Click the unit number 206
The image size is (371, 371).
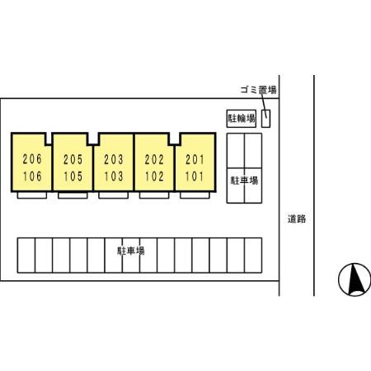pos(32,159)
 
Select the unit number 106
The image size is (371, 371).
pos(32,176)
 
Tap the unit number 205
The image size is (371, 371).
pos(73,159)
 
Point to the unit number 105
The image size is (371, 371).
pos(73,176)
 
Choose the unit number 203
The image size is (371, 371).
pos(114,159)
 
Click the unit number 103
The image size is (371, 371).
pos(114,176)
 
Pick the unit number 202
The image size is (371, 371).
pos(154,159)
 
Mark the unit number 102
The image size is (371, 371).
pos(154,176)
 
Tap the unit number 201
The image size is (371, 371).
pos(195,159)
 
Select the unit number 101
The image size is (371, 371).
pos(195,176)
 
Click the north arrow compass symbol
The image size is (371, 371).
pos(355,279)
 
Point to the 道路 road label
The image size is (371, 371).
pos(297,219)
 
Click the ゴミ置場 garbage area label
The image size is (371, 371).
pos(258,90)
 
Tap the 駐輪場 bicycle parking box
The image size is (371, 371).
pos(242,119)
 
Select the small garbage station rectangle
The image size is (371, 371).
pos(265,119)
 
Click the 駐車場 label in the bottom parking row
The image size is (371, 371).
pos(131,251)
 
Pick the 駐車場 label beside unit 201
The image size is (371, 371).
pos(244,181)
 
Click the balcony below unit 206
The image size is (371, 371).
pos(32,195)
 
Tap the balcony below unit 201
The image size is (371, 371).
pos(195,195)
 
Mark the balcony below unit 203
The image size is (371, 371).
pos(113,195)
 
